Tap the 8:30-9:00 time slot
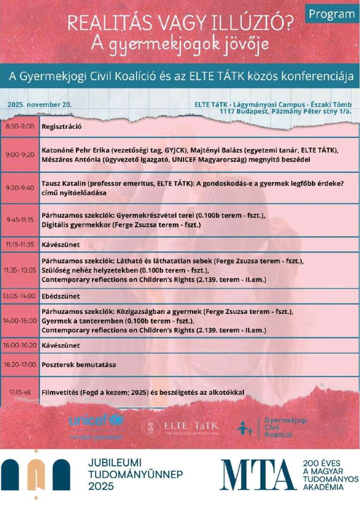coord(20,126)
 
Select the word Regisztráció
coord(62,126)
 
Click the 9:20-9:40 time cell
coord(20,187)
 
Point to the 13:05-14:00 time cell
coord(20,296)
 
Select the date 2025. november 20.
coord(39,104)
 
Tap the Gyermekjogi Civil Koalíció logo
coord(272,427)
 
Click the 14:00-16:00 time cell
coord(20,321)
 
